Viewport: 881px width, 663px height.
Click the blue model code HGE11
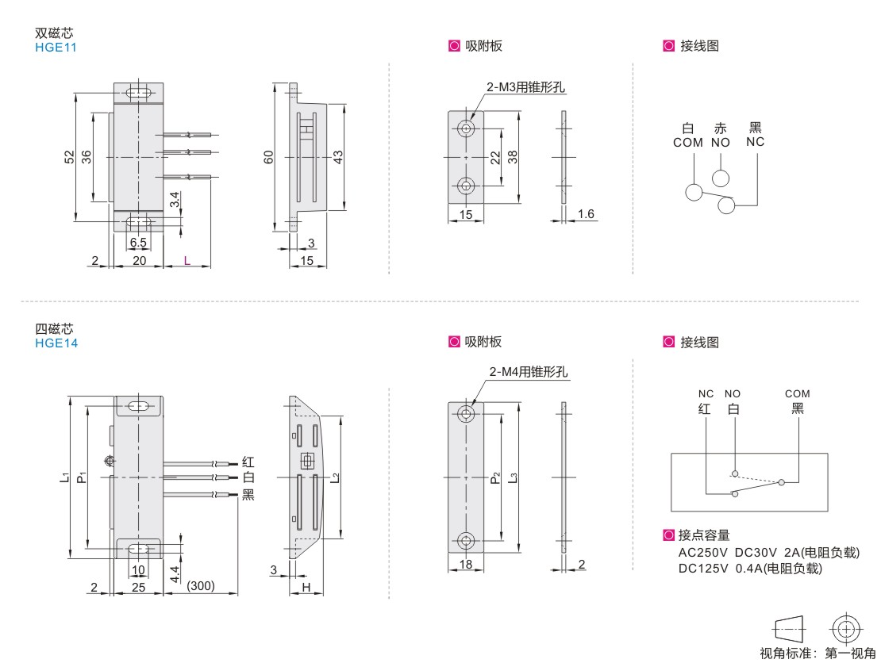(56, 47)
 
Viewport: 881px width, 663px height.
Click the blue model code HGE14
(56, 343)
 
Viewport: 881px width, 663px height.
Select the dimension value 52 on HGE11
(69, 157)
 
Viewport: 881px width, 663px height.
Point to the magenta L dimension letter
(187, 260)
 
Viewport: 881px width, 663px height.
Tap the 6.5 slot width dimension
(138, 242)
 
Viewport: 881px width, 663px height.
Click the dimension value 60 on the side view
(268, 158)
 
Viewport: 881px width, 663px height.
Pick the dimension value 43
(338, 158)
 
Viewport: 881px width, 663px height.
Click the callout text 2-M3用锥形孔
(526, 88)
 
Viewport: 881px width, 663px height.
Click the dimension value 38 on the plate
(513, 157)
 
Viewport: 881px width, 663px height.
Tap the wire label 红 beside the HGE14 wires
(248, 462)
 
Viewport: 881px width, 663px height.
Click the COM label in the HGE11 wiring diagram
(688, 143)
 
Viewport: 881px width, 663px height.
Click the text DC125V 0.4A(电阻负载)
(750, 569)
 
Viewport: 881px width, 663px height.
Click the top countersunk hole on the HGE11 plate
(466, 128)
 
